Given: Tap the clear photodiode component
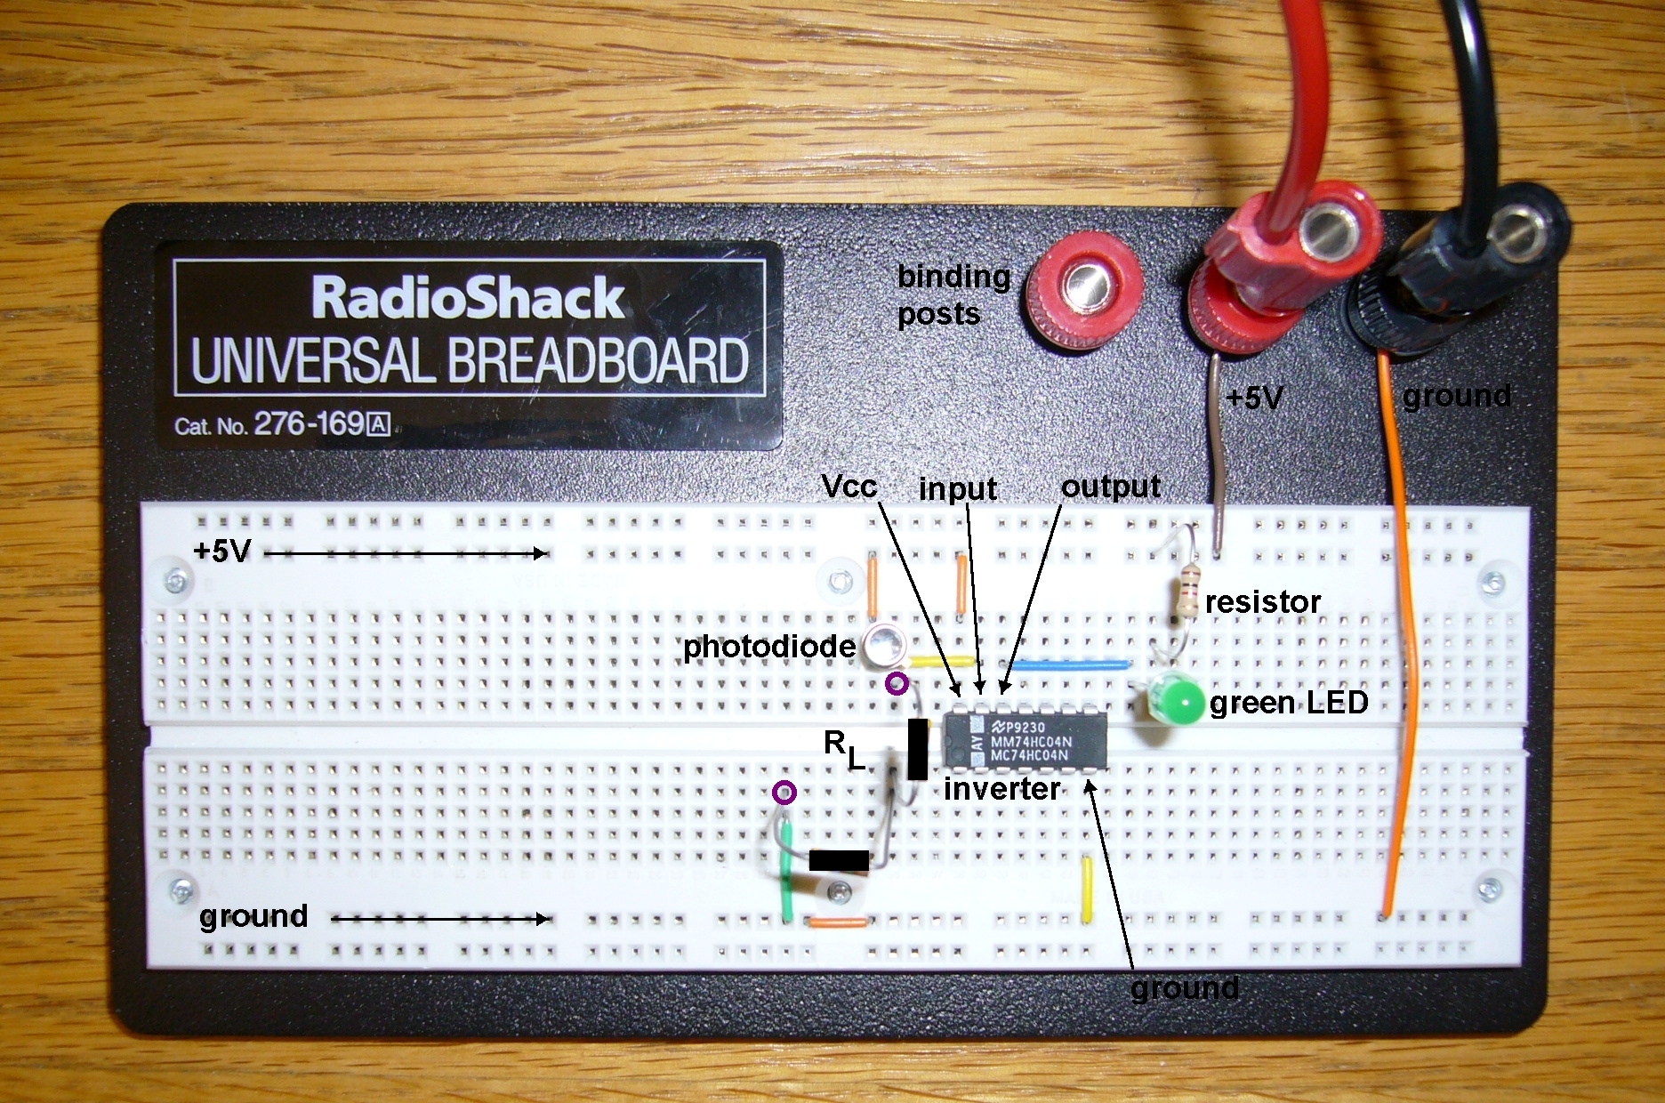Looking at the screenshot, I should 884,645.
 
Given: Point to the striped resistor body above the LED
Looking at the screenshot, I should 1184,598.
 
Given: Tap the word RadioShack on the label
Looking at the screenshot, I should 469,297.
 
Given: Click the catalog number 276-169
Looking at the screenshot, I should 309,423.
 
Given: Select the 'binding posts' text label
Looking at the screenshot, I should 953,294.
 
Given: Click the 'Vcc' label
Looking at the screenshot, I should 849,486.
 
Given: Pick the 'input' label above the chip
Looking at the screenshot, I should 957,488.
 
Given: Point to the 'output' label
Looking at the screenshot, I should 1110,486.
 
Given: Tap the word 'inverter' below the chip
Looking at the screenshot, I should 1001,788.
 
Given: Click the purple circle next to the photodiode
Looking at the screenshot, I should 897,684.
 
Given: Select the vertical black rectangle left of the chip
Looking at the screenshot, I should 917,749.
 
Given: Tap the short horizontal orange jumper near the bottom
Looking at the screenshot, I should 838,922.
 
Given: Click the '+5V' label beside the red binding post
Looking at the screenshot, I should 1254,398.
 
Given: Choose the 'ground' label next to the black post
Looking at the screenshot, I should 1456,395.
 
